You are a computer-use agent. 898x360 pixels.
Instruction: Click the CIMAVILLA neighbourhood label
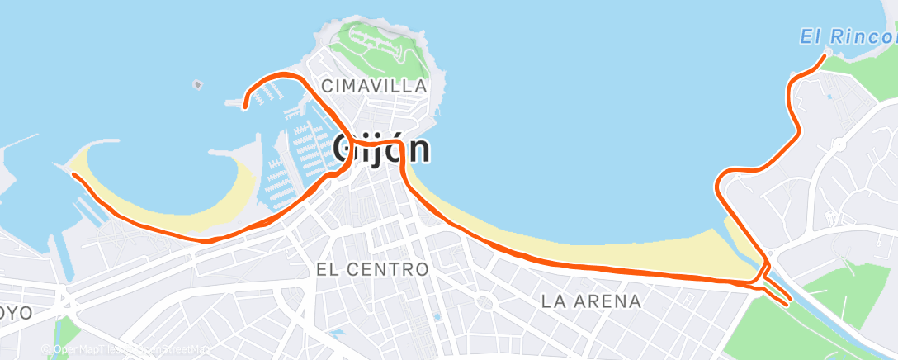point(374,86)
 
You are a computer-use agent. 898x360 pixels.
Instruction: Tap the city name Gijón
point(381,149)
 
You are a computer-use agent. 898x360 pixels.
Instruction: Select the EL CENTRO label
point(372,270)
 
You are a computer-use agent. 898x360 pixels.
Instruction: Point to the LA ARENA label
point(591,301)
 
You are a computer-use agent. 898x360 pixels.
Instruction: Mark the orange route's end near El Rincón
point(824,56)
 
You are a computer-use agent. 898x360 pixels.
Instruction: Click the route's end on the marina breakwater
point(245,107)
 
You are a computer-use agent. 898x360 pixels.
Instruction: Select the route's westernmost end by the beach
point(73,174)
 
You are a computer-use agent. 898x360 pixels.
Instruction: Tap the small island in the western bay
point(196,83)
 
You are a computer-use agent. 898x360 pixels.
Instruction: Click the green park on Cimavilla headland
point(380,45)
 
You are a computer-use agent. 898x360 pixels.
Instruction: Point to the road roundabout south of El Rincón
point(839,144)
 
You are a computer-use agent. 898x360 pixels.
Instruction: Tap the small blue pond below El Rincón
point(829,97)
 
